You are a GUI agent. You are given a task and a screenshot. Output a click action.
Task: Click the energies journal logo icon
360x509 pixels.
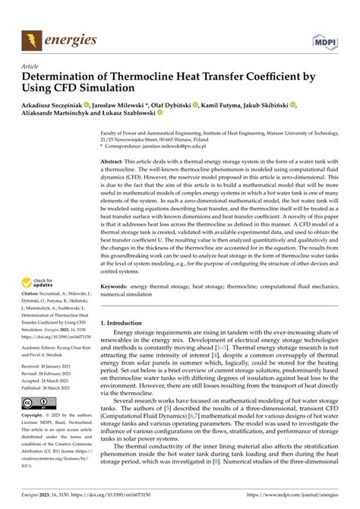31,37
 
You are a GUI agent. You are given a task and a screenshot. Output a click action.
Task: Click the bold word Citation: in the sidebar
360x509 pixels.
33,304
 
